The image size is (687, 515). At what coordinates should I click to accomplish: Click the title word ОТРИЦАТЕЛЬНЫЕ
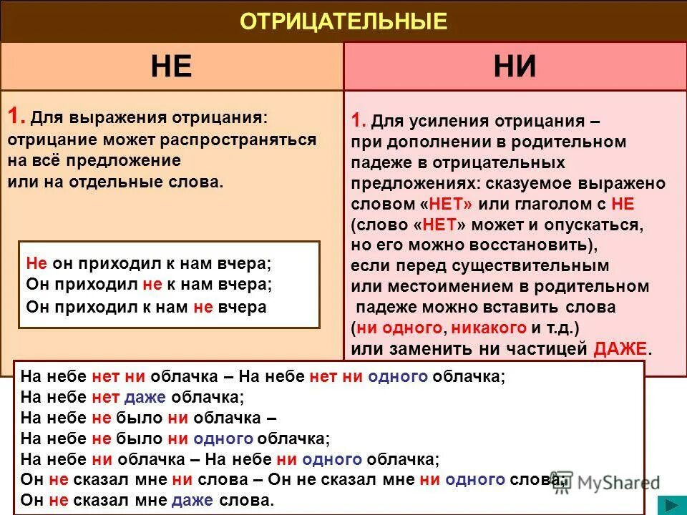[x=343, y=21]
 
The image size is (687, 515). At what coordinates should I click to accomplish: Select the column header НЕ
[x=171, y=67]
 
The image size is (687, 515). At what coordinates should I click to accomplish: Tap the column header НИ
[x=515, y=67]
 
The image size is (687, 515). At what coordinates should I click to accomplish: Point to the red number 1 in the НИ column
[x=359, y=120]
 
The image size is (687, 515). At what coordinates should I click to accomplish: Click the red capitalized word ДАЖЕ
[x=620, y=349]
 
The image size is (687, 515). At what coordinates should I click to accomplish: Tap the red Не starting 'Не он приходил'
[x=36, y=263]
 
